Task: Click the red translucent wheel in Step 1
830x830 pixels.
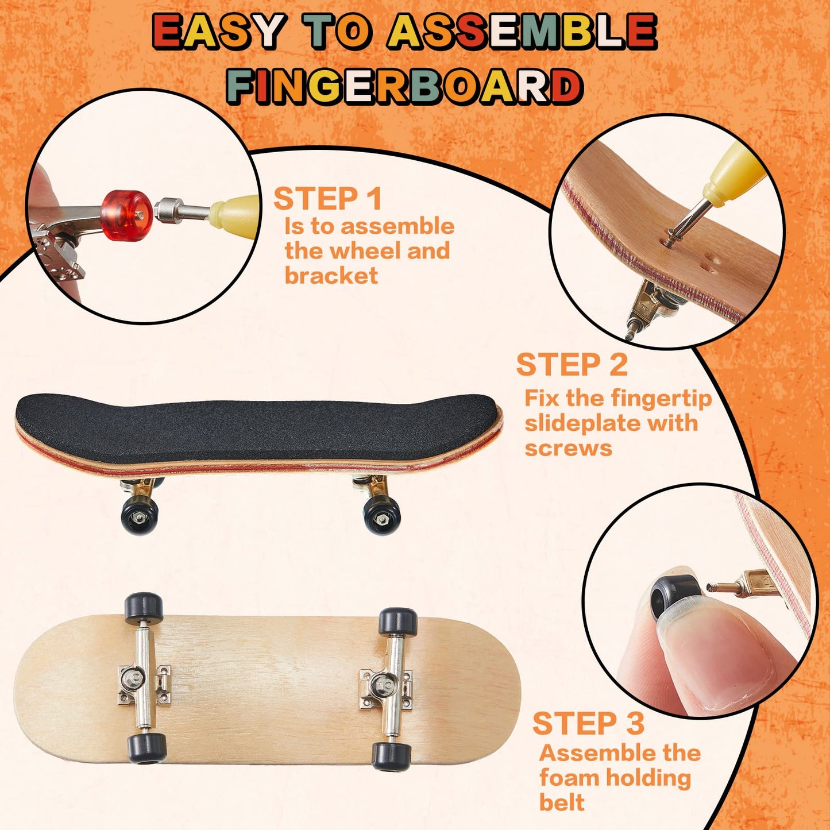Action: pos(126,215)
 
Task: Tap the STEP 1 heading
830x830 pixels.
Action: pos(328,199)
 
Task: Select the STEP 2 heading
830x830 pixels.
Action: pos(572,364)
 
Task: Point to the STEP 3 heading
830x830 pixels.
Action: pos(588,723)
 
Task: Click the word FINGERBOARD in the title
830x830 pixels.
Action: pos(405,86)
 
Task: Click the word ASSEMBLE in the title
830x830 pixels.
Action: pos(522,31)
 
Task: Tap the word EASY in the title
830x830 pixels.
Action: pos(218,31)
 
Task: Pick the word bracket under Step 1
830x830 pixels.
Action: pos(331,275)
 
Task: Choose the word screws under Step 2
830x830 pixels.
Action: pos(568,449)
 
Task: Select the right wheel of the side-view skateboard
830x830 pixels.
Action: pos(381,515)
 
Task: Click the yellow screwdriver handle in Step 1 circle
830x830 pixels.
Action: pos(235,211)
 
